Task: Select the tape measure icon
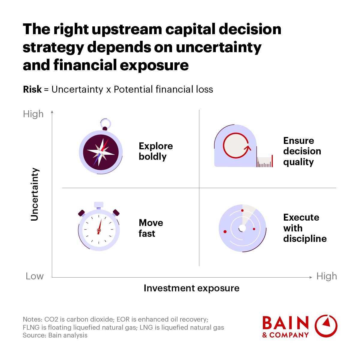(243, 146)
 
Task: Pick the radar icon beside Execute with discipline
(242, 228)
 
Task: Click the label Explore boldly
(156, 151)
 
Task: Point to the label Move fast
(151, 228)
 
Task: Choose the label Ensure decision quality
(302, 151)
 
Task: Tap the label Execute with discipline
(305, 228)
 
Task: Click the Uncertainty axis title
(34, 194)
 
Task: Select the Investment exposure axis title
(192, 288)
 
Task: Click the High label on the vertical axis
(33, 114)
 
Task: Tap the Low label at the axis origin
(34, 276)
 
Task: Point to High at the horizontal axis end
(326, 276)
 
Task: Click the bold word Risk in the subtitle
(32, 89)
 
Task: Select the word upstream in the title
(127, 30)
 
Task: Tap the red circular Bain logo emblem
(326, 326)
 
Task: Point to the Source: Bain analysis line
(55, 335)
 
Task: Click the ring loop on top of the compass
(106, 124)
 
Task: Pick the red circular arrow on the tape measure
(237, 145)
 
